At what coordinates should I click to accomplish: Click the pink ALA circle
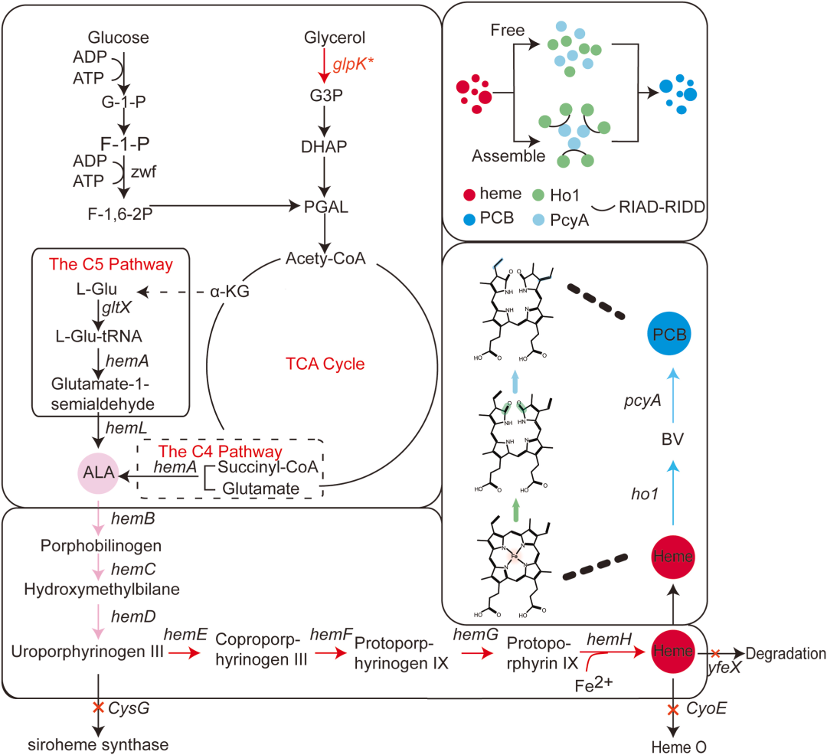[98, 472]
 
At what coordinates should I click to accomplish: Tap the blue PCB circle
[669, 334]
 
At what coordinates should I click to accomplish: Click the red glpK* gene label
[353, 64]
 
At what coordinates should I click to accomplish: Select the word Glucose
[118, 38]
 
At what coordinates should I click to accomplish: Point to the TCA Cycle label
[325, 364]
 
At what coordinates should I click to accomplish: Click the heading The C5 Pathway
[111, 264]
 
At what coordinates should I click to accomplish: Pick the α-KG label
[230, 291]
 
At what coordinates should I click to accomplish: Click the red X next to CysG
[98, 707]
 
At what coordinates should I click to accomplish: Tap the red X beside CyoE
[673, 710]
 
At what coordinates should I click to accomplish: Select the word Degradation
[786, 653]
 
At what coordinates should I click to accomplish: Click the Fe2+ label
[593, 685]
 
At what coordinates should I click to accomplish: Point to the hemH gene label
[610, 639]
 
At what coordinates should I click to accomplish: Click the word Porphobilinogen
[101, 546]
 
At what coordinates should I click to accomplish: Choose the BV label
[672, 440]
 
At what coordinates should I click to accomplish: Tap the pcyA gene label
[642, 401]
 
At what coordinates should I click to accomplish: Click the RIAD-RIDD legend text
[662, 207]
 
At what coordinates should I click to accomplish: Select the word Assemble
[508, 156]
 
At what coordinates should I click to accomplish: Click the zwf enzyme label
[143, 172]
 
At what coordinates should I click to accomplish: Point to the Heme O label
[678, 747]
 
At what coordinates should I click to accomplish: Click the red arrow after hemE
[185, 653]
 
